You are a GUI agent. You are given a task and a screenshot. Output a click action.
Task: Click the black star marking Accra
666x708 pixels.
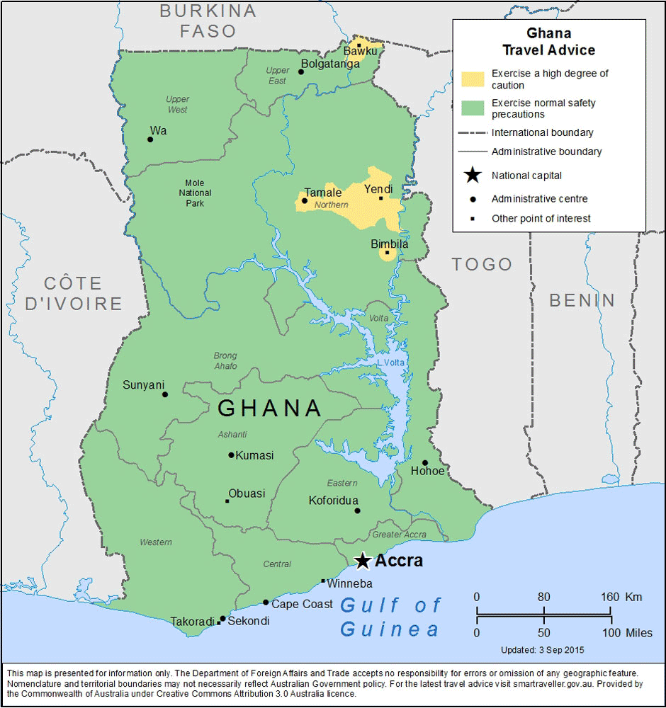363,561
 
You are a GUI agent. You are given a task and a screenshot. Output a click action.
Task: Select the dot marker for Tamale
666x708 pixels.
305,200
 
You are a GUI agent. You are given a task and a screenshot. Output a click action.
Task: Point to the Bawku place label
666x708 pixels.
361,51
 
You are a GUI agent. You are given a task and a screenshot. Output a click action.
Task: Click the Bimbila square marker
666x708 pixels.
387,252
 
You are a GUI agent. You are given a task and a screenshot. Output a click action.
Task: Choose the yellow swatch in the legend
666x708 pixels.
473,79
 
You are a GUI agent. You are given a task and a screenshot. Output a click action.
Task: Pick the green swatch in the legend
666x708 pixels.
473,108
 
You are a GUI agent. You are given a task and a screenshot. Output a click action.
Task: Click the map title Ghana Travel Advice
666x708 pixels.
548,42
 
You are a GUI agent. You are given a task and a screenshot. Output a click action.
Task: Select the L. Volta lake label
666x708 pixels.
390,362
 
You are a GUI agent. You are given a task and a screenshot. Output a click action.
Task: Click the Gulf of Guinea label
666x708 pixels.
390,617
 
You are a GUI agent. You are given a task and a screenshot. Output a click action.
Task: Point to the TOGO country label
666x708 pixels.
482,264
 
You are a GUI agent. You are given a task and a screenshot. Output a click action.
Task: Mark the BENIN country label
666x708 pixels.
582,300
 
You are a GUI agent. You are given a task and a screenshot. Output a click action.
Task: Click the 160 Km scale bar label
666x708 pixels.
621,597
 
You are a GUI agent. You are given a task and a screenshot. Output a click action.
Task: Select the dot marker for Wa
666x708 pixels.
150,139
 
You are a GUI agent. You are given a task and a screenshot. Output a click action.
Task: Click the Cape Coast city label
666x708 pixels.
302,604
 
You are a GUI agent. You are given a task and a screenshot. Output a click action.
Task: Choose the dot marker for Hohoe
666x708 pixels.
425,463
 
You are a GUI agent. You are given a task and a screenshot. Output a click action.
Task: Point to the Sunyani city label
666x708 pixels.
143,385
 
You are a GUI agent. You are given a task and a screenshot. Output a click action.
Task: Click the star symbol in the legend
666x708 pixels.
473,176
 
